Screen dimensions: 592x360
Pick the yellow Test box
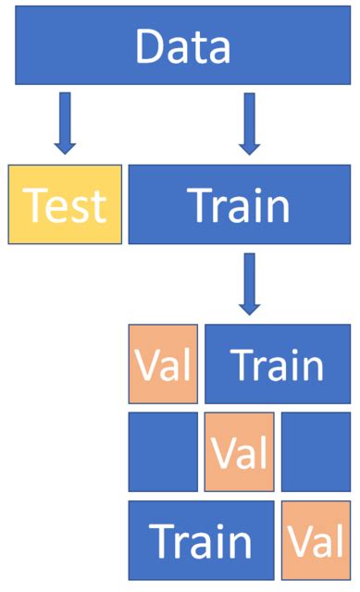[65, 204]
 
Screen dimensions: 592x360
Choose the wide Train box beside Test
[240, 204]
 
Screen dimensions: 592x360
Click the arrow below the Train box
[247, 282]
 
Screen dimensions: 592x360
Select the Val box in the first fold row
[164, 364]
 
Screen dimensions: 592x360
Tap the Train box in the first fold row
[278, 364]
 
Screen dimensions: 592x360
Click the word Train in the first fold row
[278, 365]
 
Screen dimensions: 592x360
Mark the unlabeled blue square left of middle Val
[164, 451]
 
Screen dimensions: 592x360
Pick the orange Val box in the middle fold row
[239, 451]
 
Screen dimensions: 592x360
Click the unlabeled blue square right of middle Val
[316, 451]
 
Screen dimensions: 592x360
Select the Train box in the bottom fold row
[201, 539]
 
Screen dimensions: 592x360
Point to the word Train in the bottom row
[201, 541]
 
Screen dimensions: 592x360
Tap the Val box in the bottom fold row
[316, 539]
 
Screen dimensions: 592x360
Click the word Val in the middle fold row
[239, 453]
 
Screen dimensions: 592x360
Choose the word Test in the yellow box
[65, 206]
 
